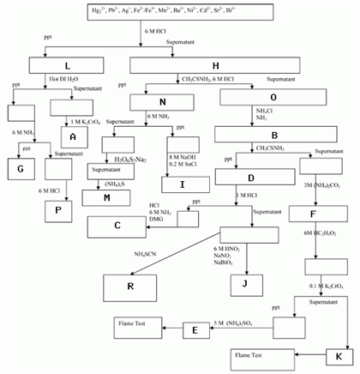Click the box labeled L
66,65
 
